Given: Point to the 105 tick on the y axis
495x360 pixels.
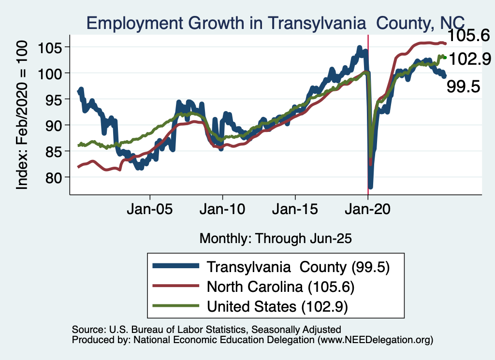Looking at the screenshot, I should [x=53, y=47].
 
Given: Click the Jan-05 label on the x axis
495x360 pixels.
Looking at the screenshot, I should [x=150, y=211].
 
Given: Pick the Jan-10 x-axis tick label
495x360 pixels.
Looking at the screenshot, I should [x=222, y=211].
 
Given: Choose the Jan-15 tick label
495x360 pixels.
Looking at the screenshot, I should [x=295, y=211].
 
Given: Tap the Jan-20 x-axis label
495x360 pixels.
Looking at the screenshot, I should [x=368, y=211].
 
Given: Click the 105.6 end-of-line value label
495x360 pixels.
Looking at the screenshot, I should [x=468, y=35].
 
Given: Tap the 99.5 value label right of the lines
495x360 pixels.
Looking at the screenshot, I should [x=463, y=86].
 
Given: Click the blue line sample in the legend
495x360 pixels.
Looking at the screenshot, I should [x=175, y=267].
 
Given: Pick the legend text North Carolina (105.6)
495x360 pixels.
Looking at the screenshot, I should [x=281, y=287].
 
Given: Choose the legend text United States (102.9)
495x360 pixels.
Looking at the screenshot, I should [x=277, y=306].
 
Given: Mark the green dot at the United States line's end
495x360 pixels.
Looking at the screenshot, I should [x=445, y=58].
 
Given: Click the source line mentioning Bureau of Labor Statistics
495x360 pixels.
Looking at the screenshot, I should [x=206, y=330].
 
